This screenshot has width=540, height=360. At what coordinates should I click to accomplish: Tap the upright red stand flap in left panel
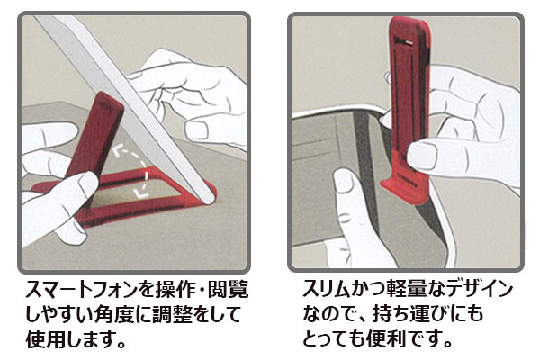[x=95, y=134]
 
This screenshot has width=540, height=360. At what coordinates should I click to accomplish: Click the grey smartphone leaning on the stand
[x=128, y=107]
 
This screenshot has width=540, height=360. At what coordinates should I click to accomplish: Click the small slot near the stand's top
[x=409, y=42]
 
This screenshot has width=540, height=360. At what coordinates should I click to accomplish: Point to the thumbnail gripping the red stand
[x=422, y=156]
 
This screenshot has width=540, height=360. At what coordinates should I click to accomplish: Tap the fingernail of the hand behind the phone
[x=196, y=130]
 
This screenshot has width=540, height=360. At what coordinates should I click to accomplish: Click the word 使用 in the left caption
[x=46, y=339]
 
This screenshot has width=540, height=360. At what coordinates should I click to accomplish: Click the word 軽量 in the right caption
[x=407, y=289]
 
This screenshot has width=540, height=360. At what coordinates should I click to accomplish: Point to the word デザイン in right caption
[x=482, y=289]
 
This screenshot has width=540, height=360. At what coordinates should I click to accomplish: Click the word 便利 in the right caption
[x=387, y=339]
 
